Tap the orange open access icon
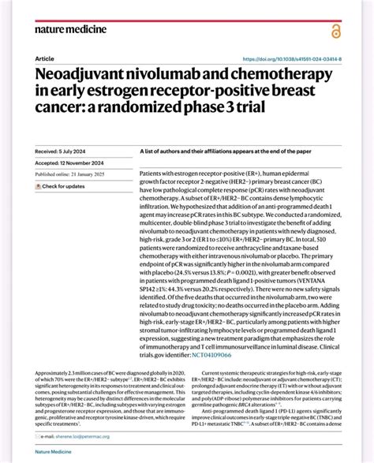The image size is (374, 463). pyautogui.click(x=337, y=30)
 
